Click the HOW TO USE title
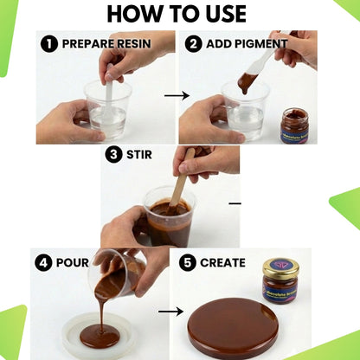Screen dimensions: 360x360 click(180, 14)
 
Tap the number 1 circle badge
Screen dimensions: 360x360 click(49, 42)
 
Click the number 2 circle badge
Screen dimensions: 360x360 click(192, 42)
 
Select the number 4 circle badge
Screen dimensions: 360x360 click(43, 262)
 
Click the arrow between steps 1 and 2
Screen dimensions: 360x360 click(177, 97)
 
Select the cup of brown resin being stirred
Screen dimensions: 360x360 click(170, 222)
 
